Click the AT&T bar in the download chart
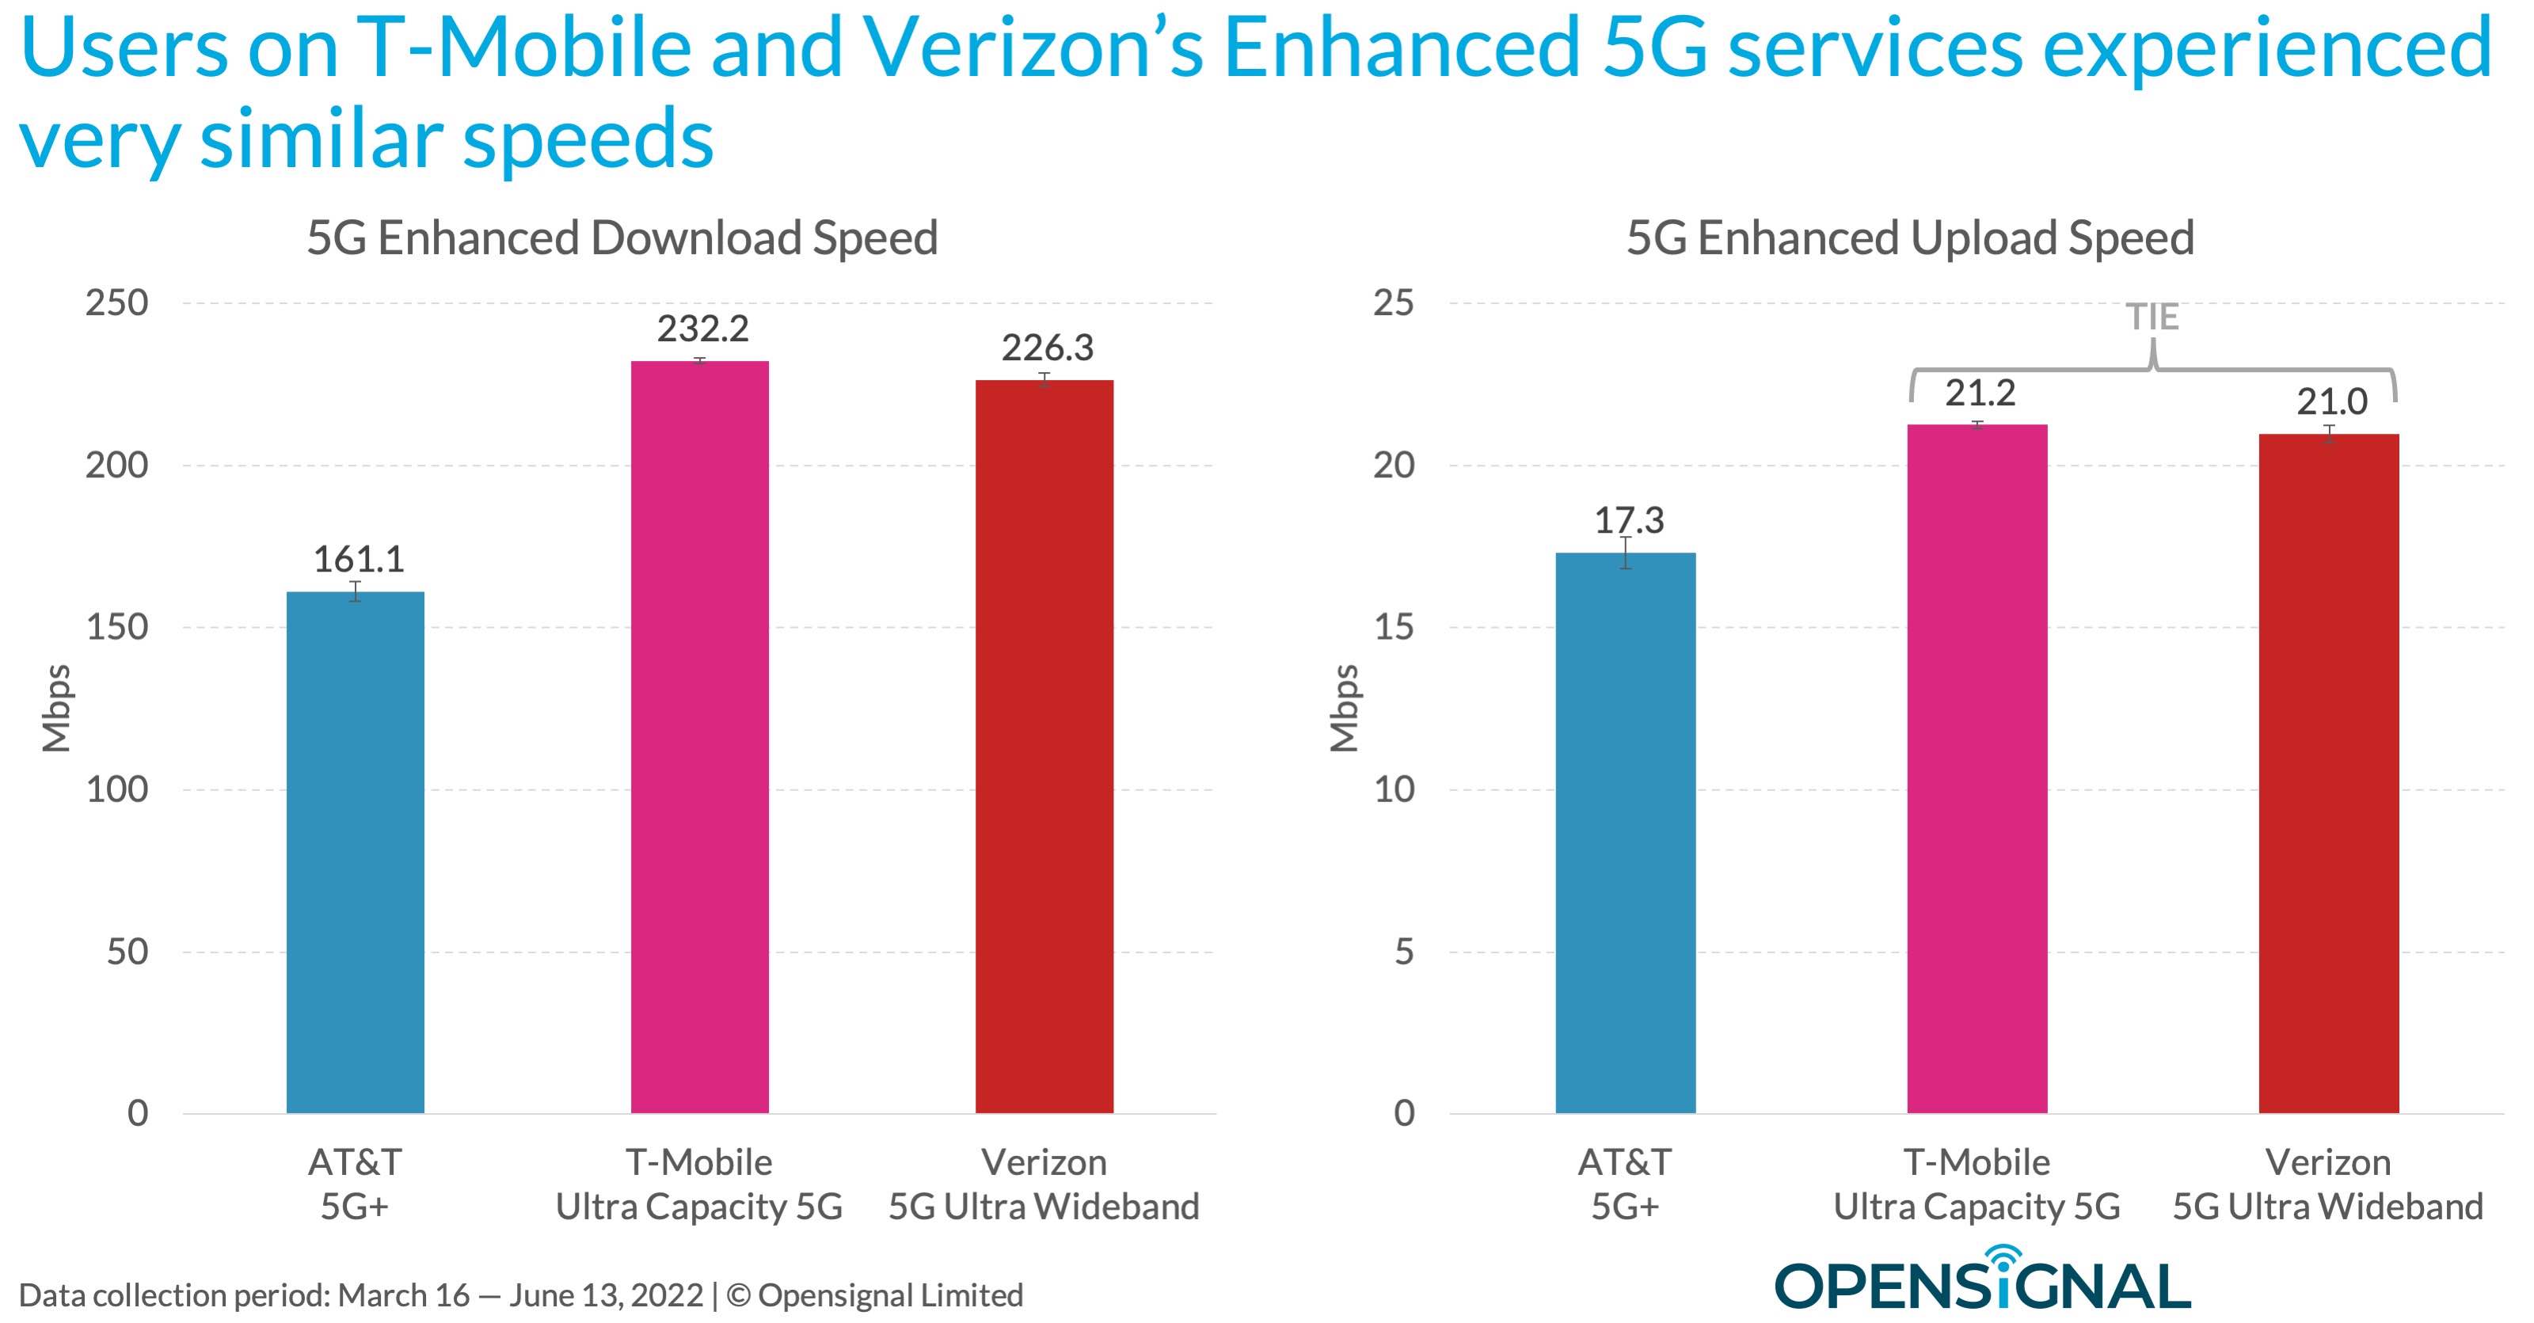click(355, 852)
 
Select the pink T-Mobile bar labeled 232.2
click(699, 737)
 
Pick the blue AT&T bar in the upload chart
click(1625, 832)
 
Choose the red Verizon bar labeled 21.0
click(2328, 774)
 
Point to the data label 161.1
click(358, 560)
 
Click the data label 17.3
click(1629, 520)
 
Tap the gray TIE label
click(2152, 317)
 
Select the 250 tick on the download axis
click(116, 303)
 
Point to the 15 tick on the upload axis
click(1393, 628)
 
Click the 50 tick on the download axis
click(127, 951)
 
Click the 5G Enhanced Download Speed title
click(622, 239)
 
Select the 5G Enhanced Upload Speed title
click(1909, 239)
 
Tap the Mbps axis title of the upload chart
click(1344, 709)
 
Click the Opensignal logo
click(1981, 1282)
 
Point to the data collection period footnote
click(520, 1295)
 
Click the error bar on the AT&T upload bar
click(1626, 553)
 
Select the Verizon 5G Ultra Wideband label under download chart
click(1044, 1184)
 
